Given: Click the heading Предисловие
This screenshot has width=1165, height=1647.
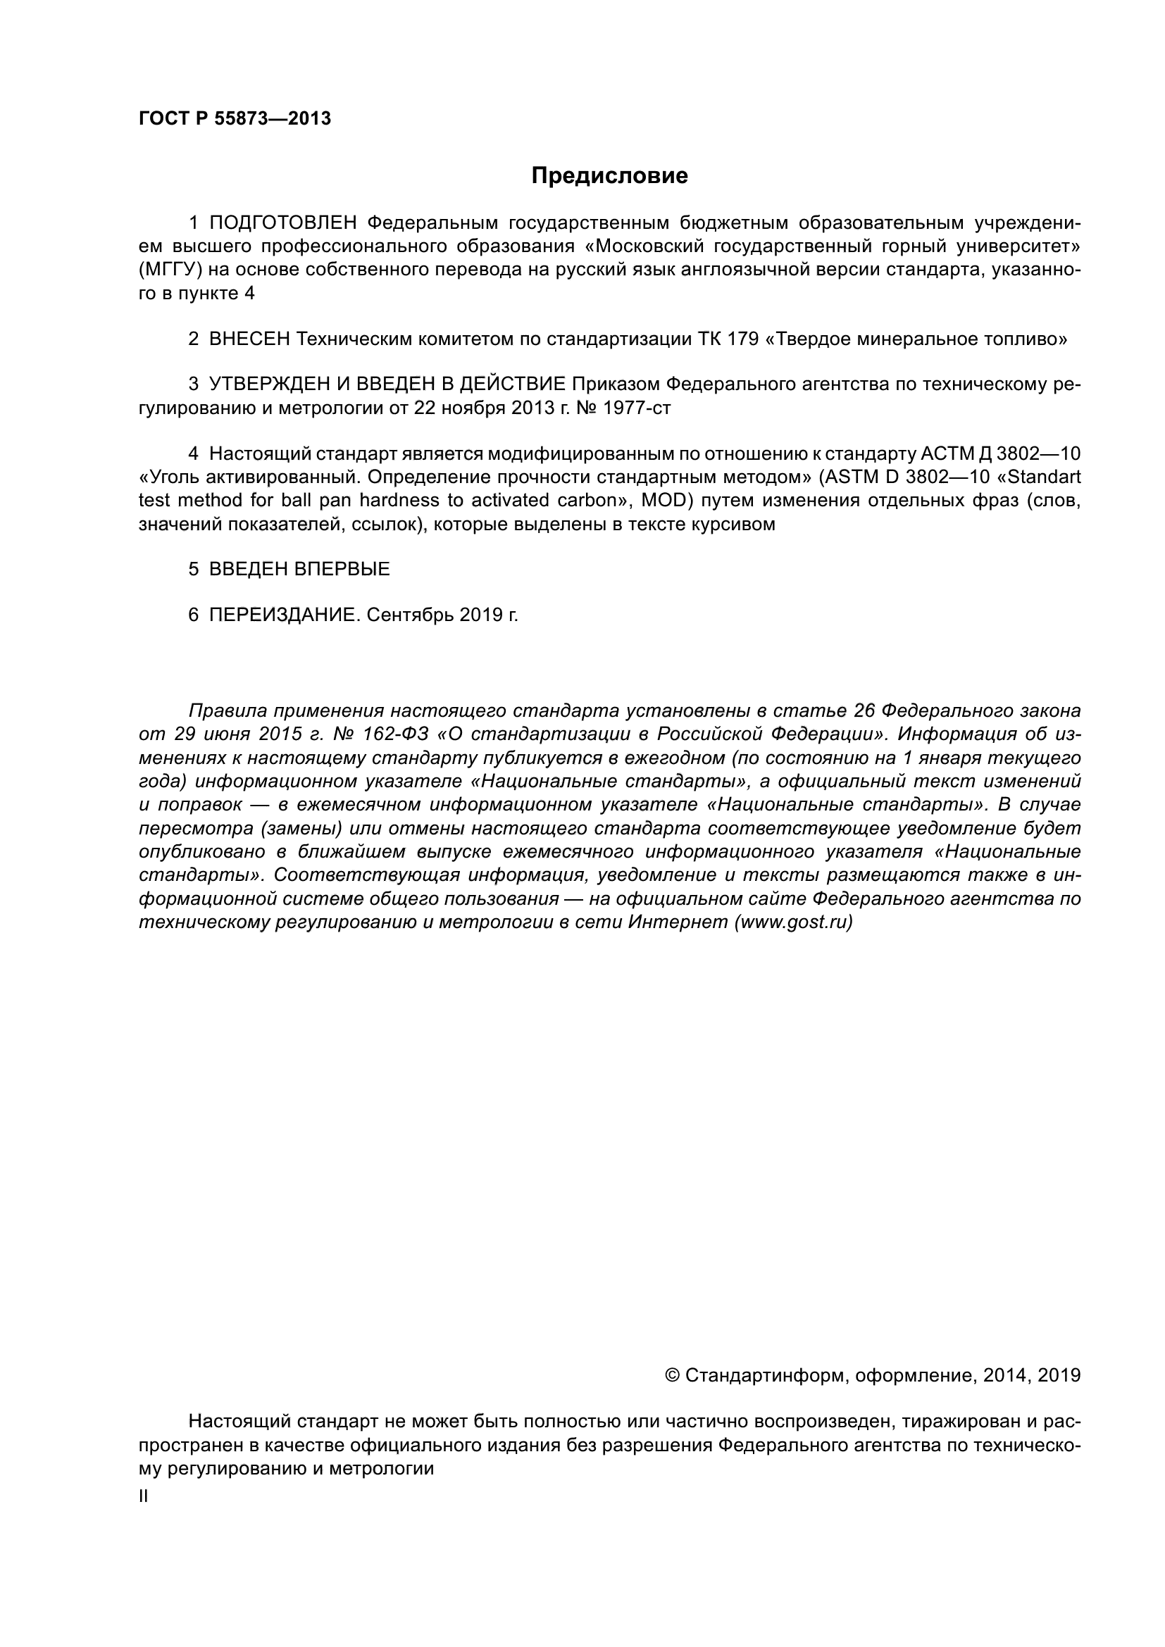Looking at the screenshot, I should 609,176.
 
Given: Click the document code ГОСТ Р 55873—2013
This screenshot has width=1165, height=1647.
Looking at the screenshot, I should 235,119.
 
